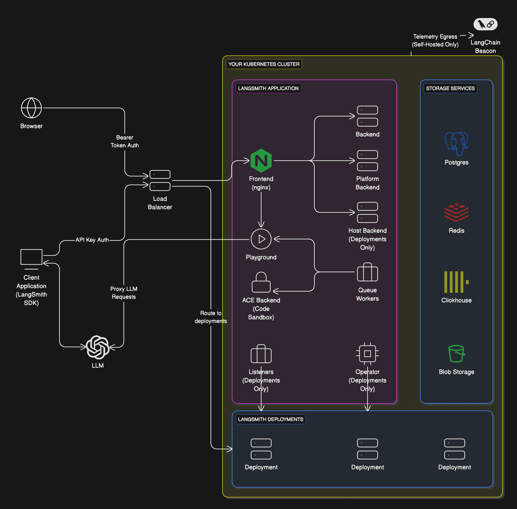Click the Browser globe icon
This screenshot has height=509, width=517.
pyautogui.click(x=31, y=108)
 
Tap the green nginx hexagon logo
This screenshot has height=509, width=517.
pyautogui.click(x=261, y=160)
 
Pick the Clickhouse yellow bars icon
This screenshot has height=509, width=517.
pyautogui.click(x=456, y=282)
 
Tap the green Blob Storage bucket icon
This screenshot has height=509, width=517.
pyautogui.click(x=456, y=353)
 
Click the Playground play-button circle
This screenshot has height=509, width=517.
pyautogui.click(x=261, y=239)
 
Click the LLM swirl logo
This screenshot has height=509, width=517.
pyautogui.click(x=98, y=347)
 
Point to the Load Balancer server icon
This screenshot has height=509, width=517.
pyautogui.click(x=160, y=180)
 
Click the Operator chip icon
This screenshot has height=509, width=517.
pyautogui.click(x=367, y=353)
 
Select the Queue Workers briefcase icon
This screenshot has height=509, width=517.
pyautogui.click(x=367, y=272)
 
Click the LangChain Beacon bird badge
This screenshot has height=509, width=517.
pyautogui.click(x=485, y=24)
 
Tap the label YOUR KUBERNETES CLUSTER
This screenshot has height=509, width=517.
pyautogui.click(x=264, y=64)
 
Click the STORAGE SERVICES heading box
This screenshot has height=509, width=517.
pyautogui.click(x=450, y=88)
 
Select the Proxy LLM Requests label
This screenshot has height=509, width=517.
pyautogui.click(x=124, y=293)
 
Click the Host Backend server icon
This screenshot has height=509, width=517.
pyautogui.click(x=367, y=212)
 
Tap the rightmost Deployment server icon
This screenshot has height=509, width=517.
pyautogui.click(x=454, y=449)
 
